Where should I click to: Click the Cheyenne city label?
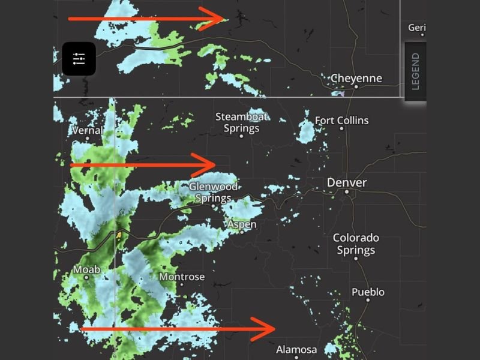(x=356, y=78)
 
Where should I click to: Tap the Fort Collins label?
(x=341, y=121)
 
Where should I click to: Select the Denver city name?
(x=347, y=182)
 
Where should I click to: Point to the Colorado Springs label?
(x=356, y=244)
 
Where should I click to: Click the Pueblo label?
(x=368, y=292)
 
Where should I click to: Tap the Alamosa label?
(x=296, y=349)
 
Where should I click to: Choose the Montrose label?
(x=182, y=277)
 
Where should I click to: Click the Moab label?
(x=86, y=269)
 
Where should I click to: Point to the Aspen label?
(x=242, y=224)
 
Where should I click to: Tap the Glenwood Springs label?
(x=214, y=192)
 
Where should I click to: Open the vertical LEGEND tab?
(x=415, y=71)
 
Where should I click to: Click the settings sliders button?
(x=79, y=59)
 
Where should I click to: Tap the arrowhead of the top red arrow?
(x=220, y=19)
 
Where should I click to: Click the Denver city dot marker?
(x=347, y=192)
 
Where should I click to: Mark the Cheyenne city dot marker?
(x=356, y=87)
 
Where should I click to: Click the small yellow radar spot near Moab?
(x=119, y=235)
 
